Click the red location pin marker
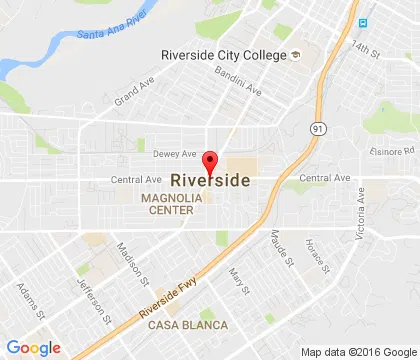(210, 163)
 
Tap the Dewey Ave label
(175, 153)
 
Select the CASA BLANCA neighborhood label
(187, 325)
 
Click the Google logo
(33, 347)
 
